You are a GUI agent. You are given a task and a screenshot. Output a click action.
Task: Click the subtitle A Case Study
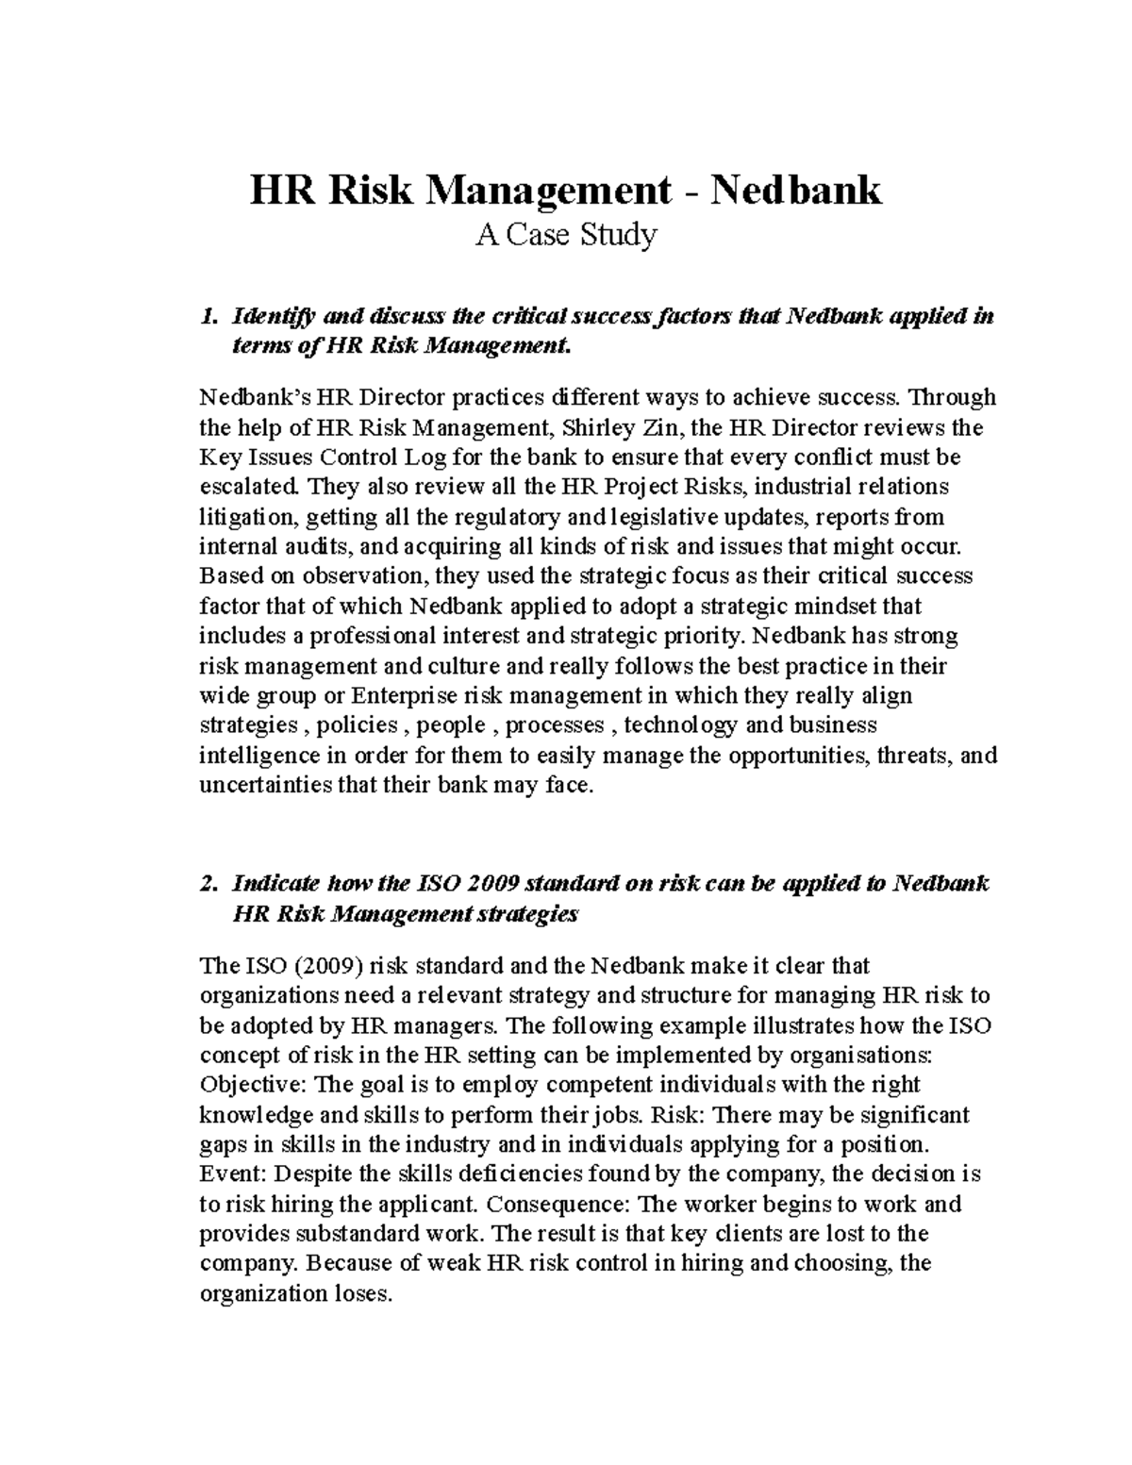click(565, 234)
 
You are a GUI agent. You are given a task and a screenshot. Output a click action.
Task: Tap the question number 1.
click(208, 317)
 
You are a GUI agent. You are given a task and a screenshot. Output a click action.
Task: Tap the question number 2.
click(208, 884)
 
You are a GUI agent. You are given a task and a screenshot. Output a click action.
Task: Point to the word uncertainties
click(266, 785)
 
